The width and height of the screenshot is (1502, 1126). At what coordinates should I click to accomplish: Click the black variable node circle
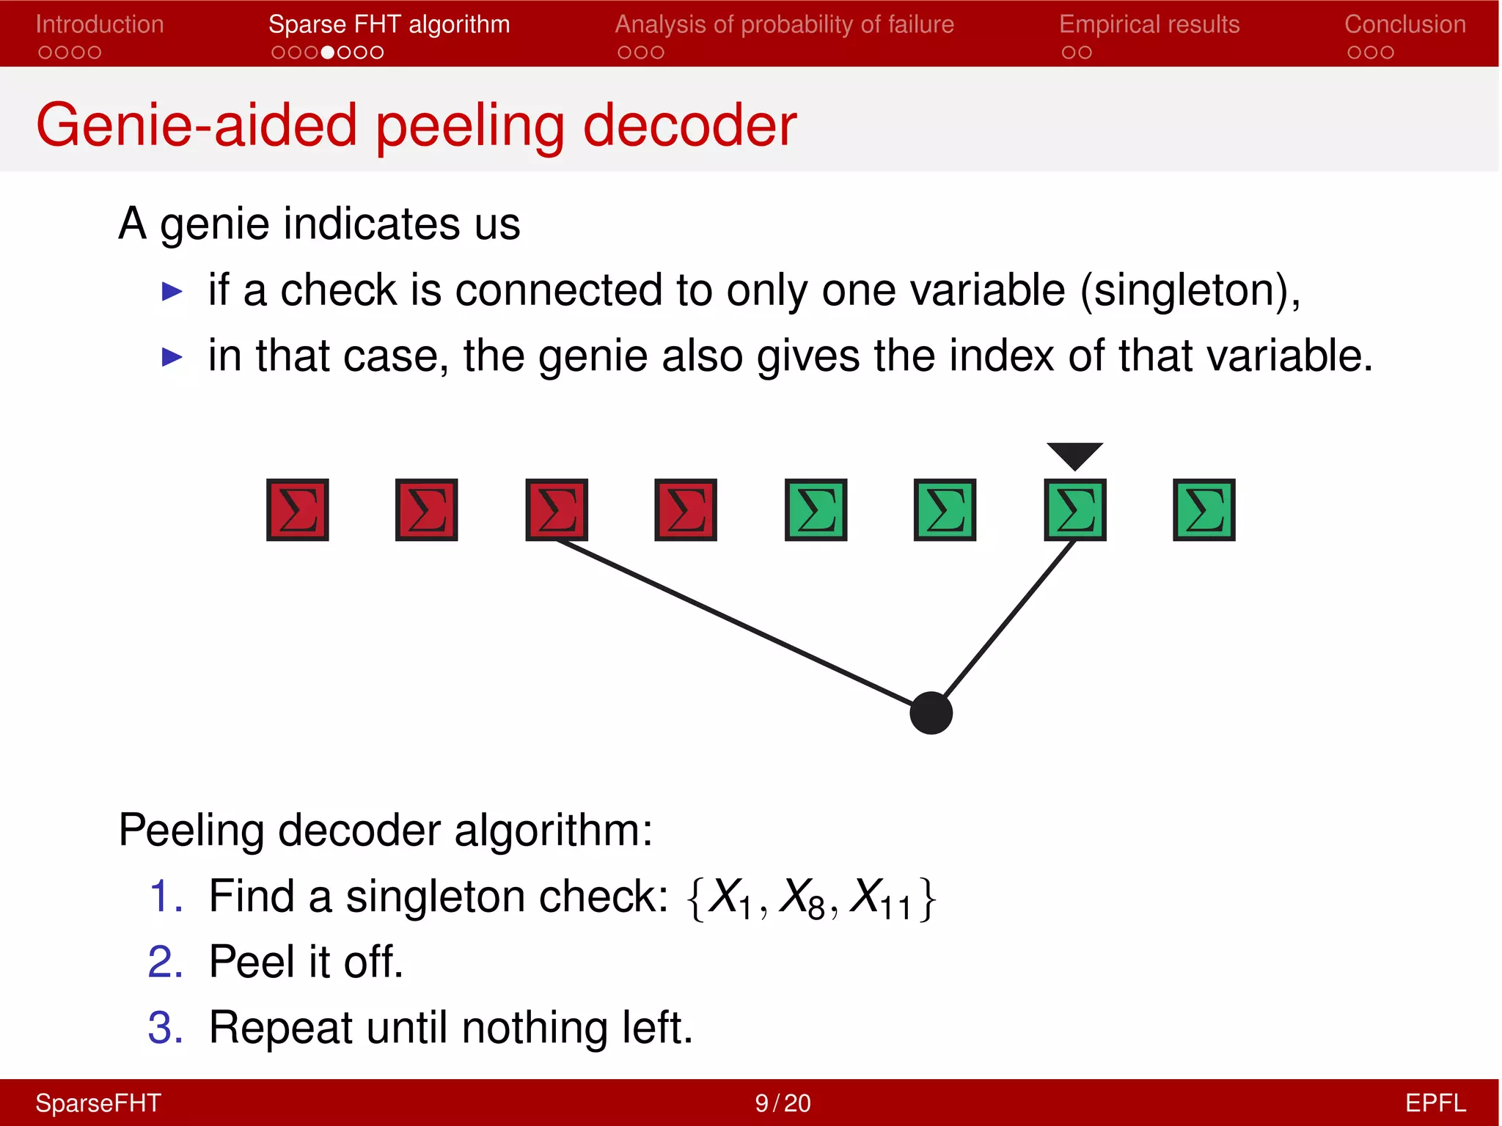click(x=931, y=713)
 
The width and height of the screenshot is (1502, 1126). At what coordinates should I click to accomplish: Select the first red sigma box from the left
click(x=297, y=510)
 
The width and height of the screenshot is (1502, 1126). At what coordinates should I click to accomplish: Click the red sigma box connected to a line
click(x=557, y=510)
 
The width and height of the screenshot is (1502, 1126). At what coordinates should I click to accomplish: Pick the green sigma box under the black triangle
click(x=1074, y=510)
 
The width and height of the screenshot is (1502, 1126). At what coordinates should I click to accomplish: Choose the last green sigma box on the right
click(x=1204, y=510)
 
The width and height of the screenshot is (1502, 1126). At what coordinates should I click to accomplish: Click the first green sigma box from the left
click(x=816, y=510)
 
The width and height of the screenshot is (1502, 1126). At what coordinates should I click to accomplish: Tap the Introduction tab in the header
click(x=100, y=25)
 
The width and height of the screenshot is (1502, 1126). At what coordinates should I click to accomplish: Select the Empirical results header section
click(x=1149, y=25)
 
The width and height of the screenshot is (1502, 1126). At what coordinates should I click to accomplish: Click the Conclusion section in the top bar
click(x=1404, y=25)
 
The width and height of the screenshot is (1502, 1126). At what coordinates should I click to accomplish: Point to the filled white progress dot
click(x=328, y=53)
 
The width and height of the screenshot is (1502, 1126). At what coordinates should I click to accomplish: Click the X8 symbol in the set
click(x=803, y=897)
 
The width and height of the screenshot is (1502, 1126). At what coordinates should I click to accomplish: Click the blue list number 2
click(x=164, y=962)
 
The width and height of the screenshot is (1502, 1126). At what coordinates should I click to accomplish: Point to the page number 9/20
click(x=783, y=1103)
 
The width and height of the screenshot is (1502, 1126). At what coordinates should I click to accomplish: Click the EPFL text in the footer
click(x=1435, y=1103)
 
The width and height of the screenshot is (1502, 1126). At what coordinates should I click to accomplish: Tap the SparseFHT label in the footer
click(x=98, y=1103)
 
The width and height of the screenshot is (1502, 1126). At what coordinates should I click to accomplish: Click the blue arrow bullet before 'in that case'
click(x=172, y=357)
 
